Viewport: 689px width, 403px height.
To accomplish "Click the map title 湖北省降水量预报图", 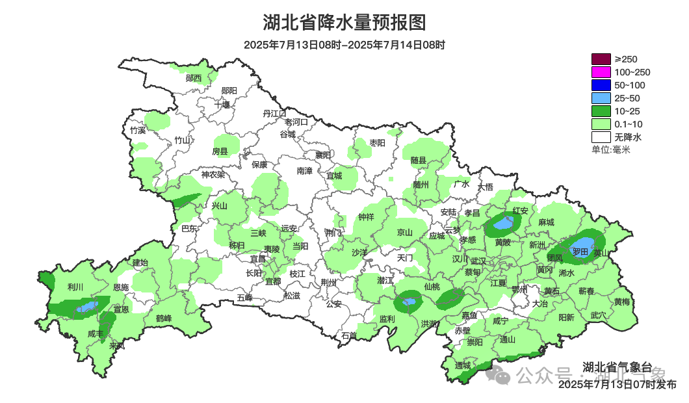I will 344,23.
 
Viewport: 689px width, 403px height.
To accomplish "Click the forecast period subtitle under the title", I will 344,45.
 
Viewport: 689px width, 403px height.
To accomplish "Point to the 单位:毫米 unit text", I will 610,149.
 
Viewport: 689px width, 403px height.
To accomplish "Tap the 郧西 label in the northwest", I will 193,78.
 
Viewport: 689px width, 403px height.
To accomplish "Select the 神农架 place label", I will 213,174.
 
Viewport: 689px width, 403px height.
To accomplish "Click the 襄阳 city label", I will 323,155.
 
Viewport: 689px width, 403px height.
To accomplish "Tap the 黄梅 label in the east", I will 621,302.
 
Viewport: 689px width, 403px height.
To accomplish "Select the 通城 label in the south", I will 463,365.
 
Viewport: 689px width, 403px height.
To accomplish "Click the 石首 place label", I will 349,335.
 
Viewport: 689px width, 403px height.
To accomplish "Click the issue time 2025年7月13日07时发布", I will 617,384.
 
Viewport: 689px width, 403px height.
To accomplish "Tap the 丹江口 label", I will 274,113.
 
